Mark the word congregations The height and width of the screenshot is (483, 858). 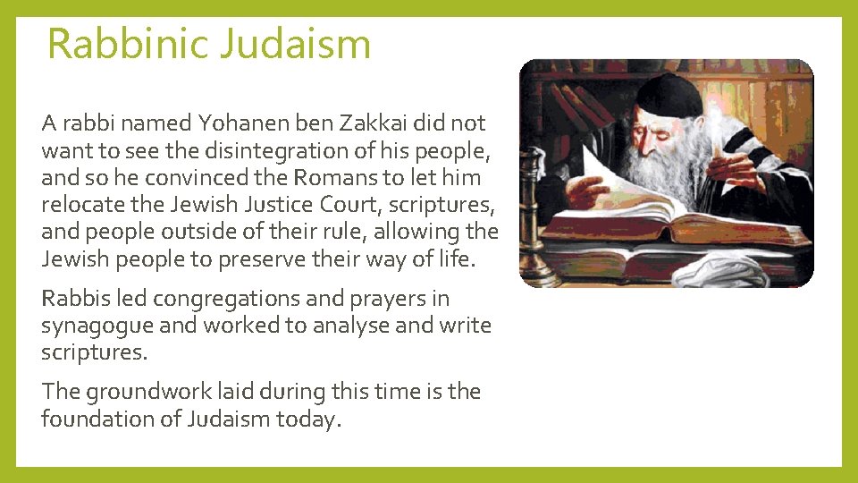tap(214, 299)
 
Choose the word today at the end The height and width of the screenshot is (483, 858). tap(307, 418)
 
